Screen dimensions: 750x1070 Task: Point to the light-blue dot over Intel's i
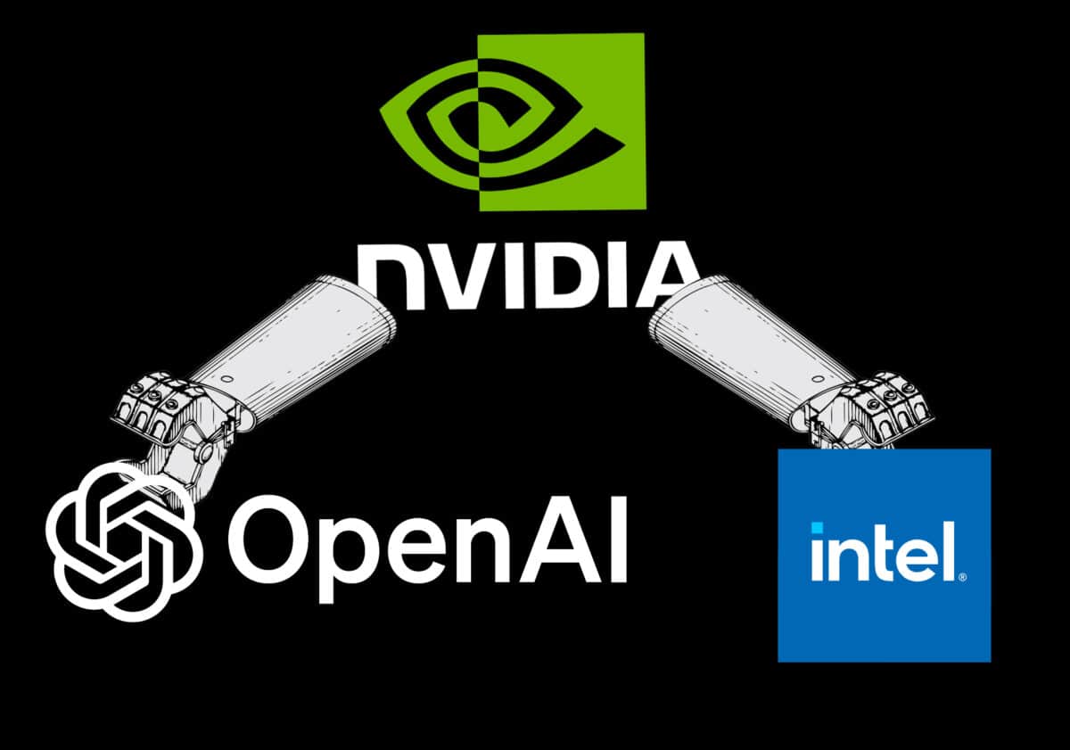(x=816, y=529)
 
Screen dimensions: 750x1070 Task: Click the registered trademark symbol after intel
(x=961, y=577)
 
